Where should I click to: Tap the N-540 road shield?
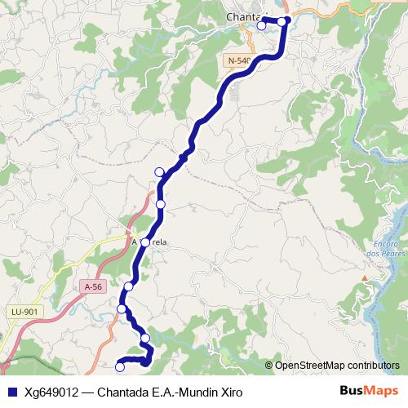click(x=240, y=60)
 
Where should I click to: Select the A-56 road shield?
click(x=94, y=286)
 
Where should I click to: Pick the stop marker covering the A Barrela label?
click(x=145, y=242)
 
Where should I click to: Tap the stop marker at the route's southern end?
click(x=120, y=367)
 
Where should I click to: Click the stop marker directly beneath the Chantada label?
click(x=261, y=26)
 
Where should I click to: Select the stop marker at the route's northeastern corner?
click(x=282, y=21)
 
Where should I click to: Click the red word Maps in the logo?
click(x=381, y=392)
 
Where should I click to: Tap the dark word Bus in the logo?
click(x=352, y=392)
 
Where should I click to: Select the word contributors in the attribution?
click(x=372, y=366)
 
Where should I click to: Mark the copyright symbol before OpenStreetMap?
click(x=269, y=366)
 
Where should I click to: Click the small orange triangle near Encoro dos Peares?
click(x=363, y=278)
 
